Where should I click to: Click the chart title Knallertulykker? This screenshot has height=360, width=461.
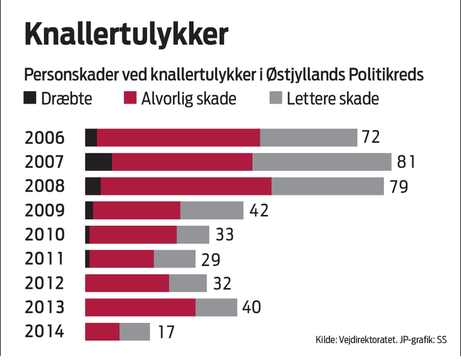pos(126,35)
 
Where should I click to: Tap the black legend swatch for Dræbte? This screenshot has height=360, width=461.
pos(30,99)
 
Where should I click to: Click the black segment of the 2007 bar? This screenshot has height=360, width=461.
pos(98,161)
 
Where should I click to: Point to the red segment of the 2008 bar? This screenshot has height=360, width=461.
pos(186,186)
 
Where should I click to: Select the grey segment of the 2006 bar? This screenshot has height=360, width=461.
pos(308,137)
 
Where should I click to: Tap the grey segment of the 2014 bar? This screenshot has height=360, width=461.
pos(134,332)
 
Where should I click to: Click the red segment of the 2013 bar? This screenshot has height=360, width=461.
pos(140,308)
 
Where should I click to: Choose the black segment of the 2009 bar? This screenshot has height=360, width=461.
pos(89,210)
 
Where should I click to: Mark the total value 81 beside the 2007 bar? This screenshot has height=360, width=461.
pos(405,162)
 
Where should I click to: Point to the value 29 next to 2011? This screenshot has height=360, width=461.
pos(211,260)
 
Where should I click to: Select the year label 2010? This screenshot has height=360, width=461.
pos(44,235)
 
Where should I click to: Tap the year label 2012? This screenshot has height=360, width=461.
pos(44,283)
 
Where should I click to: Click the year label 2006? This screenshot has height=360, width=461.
pos(44,137)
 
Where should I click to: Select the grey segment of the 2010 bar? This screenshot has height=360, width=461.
pos(193,235)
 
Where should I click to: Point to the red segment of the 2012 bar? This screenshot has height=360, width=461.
pos(127,283)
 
